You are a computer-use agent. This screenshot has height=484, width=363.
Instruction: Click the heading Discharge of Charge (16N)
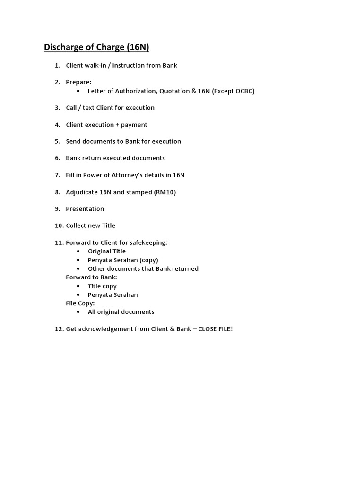pos(96,47)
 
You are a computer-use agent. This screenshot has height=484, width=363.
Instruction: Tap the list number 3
pos(57,108)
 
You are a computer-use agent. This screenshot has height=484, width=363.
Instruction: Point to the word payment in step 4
pos(134,125)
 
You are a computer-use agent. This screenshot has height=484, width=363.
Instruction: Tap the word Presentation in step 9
pos(85,209)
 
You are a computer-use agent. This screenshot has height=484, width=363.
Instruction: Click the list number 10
pos(58,226)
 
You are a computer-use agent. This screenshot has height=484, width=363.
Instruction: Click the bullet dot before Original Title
pos(78,251)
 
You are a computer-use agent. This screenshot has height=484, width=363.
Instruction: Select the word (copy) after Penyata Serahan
pos(148,260)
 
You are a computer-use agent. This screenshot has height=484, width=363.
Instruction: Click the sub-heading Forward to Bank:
pos(91,277)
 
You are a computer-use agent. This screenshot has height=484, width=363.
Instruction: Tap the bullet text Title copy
pos(102,286)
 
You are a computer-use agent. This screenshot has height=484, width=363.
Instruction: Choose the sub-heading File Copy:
pos(80,303)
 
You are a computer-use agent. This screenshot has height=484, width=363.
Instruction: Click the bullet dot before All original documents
pos(78,312)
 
